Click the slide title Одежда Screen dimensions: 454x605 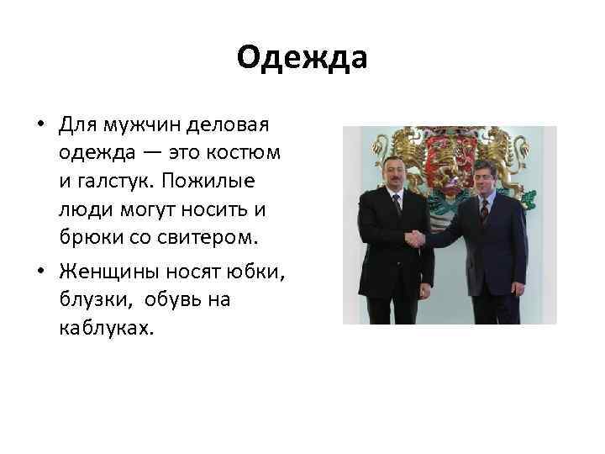pyautogui.click(x=302, y=58)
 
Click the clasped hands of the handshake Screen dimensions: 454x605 pyautogui.click(x=415, y=240)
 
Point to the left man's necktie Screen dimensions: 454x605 pyautogui.click(x=397, y=205)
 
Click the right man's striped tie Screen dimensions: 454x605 pyautogui.click(x=484, y=210)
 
